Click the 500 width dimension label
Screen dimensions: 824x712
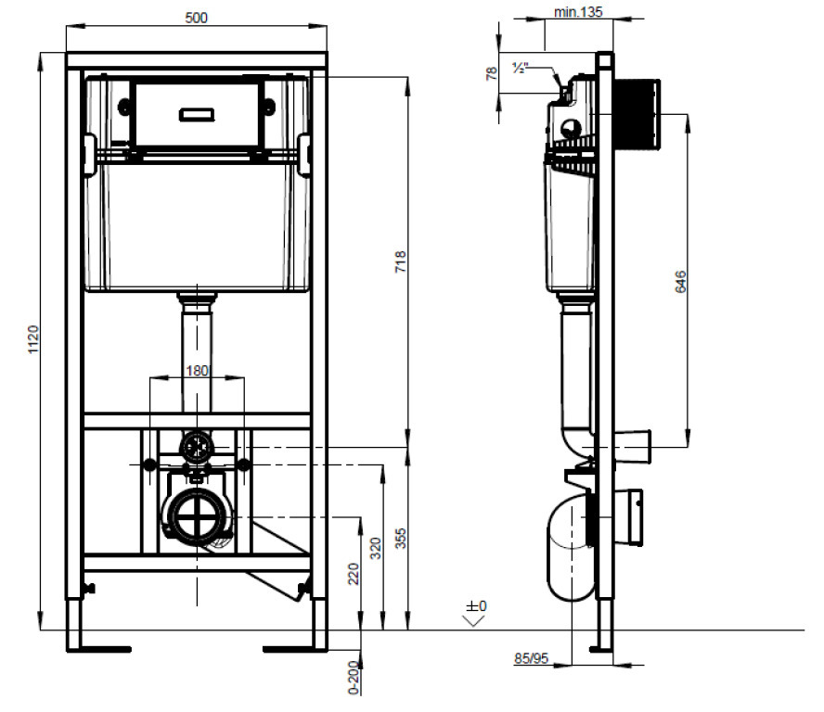pyautogui.click(x=196, y=18)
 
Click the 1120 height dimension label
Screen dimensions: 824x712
pyautogui.click(x=33, y=339)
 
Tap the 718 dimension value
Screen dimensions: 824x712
pyautogui.click(x=401, y=261)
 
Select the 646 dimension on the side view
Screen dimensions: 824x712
pyautogui.click(x=680, y=282)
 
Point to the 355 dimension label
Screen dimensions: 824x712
pyautogui.click(x=401, y=539)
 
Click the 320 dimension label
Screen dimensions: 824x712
pyautogui.click(x=375, y=548)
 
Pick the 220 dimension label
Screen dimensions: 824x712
pyautogui.click(x=354, y=574)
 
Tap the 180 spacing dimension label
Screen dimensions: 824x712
pyautogui.click(x=197, y=371)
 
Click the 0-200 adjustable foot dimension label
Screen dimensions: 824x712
pyautogui.click(x=354, y=678)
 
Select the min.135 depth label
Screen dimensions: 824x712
pyautogui.click(x=578, y=12)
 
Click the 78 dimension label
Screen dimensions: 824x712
pyautogui.click(x=492, y=73)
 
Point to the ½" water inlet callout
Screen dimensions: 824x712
pyautogui.click(x=520, y=68)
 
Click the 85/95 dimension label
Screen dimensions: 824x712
pyautogui.click(x=532, y=658)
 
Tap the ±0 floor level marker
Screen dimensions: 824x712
pyautogui.click(x=476, y=606)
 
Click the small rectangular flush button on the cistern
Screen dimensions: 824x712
pyautogui.click(x=197, y=114)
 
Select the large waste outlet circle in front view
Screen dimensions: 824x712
pyautogui.click(x=197, y=516)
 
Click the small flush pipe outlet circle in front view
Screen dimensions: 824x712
pyautogui.click(x=197, y=448)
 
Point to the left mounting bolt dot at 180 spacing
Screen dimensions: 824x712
pyautogui.click(x=149, y=464)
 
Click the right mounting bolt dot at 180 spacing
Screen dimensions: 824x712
pyautogui.click(x=244, y=464)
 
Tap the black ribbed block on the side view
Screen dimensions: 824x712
pyautogui.click(x=637, y=114)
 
